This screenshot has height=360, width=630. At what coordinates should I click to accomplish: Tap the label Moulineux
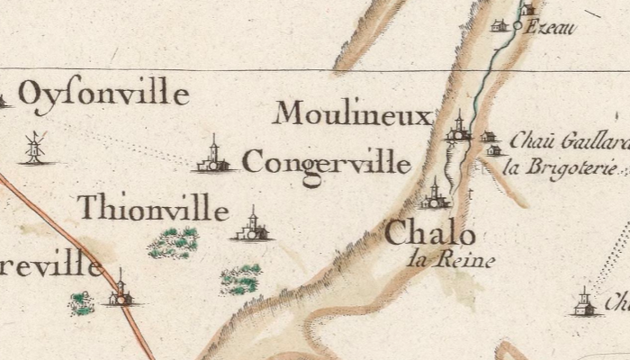354,115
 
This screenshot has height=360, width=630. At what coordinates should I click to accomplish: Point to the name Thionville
152,209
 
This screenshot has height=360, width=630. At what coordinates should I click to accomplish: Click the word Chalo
430,235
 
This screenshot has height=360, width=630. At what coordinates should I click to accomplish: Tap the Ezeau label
550,28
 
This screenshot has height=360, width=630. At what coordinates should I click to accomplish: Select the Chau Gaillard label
568,141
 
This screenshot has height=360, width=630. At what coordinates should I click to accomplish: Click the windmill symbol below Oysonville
35,148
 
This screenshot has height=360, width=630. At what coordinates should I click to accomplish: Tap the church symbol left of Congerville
213,158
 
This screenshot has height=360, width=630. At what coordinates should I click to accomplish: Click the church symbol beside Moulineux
459,130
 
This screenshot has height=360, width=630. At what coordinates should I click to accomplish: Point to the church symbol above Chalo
435,196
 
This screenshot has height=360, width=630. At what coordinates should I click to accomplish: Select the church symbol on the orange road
120,292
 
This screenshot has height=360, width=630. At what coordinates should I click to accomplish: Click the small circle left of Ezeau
517,27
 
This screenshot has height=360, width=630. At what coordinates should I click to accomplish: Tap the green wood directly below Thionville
174,242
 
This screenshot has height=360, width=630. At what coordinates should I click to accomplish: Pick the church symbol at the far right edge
584,304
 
